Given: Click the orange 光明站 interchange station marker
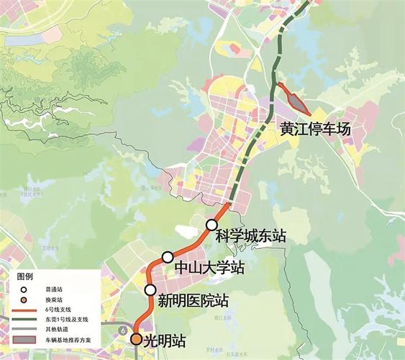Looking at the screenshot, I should tap(136, 338).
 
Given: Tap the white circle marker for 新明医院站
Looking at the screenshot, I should tap(150, 290).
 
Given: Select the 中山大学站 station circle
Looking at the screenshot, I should tap(168, 257).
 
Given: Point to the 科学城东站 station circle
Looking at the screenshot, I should tap(211, 225).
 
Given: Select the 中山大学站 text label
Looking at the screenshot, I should tap(209, 268).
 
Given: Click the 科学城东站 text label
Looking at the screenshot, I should tap(250, 235).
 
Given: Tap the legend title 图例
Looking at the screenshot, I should tap(25, 276).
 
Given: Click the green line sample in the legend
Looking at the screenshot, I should tap(24, 319).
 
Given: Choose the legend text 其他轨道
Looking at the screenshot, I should tap(58, 329).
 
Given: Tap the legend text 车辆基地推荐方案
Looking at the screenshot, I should tap(67, 339).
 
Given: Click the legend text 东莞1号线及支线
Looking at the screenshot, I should tap(67, 319).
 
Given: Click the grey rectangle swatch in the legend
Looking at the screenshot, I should tap(24, 339).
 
